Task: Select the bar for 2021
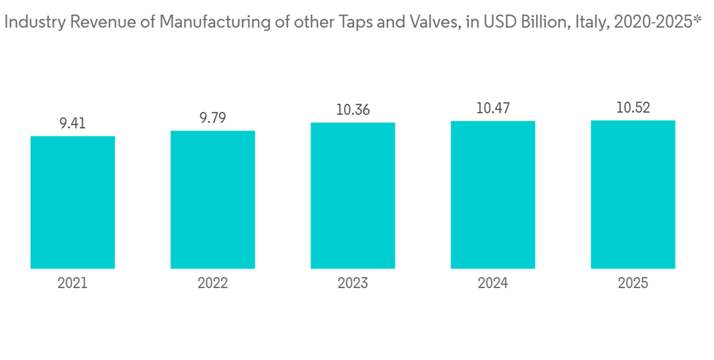coord(73,202)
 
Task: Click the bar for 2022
coord(213,200)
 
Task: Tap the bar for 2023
coord(353,196)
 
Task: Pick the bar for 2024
coord(493,195)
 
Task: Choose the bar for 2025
coord(633,194)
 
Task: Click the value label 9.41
coord(73,124)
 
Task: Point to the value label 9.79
coord(213,119)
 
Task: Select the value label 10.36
coord(353,111)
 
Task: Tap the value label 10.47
coord(493,109)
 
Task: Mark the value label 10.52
coord(633,109)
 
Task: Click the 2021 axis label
coord(73,284)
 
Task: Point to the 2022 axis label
coord(213,284)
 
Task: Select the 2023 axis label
coord(353,284)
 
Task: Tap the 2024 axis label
coord(493,284)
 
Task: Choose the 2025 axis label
coord(633,284)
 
